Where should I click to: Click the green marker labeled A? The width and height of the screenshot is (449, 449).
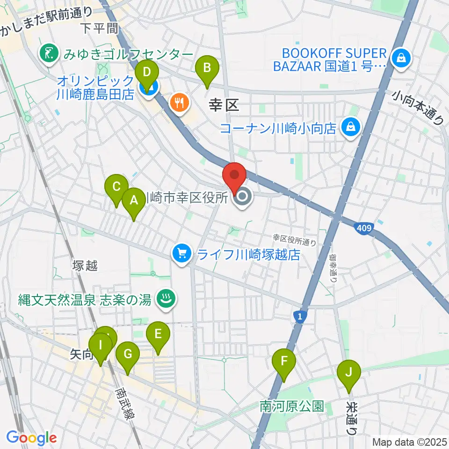click(134, 202)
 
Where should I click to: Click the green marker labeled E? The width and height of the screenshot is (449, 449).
click(158, 334)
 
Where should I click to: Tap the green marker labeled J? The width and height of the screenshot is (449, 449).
click(348, 373)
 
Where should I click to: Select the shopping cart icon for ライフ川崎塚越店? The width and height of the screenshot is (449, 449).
click(181, 254)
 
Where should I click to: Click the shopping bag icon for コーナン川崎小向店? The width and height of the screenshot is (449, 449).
click(349, 127)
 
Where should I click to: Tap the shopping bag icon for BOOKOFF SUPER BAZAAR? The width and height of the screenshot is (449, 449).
click(401, 58)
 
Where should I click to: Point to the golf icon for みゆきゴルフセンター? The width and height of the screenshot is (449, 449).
click(48, 55)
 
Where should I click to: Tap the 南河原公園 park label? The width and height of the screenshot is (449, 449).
click(292, 406)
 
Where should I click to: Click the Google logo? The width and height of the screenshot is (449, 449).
click(31, 437)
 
